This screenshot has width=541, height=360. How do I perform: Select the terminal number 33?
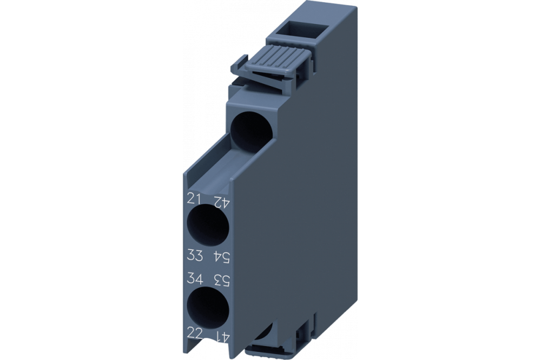(194, 254)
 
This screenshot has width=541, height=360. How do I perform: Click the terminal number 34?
(194, 279)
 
